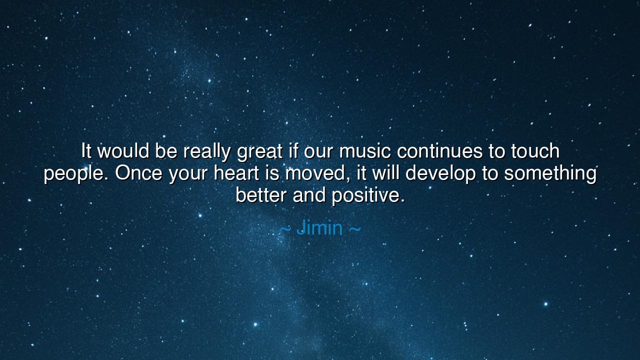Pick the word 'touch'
534,150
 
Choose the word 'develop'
440,174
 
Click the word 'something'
550,174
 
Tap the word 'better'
261,195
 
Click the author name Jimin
319,228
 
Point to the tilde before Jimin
285,229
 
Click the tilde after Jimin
354,229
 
